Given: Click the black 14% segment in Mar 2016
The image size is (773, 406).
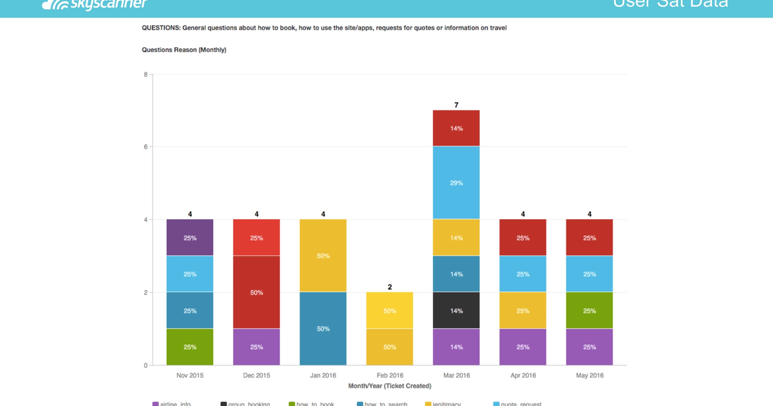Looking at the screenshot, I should (456, 311).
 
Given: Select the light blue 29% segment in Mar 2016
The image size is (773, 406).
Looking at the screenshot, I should (456, 183).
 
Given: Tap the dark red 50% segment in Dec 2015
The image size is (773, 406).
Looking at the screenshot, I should (256, 292).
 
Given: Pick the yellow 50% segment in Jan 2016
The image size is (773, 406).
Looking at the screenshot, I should (323, 256).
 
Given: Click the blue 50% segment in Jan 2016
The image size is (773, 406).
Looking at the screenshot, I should (323, 329).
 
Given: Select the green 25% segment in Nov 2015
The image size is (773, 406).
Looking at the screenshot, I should (190, 347).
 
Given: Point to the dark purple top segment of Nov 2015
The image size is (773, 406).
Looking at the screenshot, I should (190, 238).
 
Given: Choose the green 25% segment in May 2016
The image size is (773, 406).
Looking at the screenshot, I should (589, 311).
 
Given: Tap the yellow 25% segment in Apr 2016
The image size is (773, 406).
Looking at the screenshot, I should (522, 311).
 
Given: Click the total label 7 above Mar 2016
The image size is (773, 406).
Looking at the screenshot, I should (456, 104).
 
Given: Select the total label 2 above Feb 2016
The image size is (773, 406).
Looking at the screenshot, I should (390, 287).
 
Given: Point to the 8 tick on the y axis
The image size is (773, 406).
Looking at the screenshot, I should (146, 74).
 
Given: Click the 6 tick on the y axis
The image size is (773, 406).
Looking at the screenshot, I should (146, 147).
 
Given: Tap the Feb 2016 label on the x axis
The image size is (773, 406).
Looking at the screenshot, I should (389, 376).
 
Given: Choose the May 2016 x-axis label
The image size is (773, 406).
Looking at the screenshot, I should (589, 376).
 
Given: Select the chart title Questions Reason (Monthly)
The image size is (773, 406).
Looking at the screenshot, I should (184, 50).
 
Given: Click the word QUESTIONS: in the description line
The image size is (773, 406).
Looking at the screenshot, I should (161, 28).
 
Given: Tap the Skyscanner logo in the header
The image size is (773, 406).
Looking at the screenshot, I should (95, 5).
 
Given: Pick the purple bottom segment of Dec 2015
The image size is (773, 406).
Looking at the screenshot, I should (256, 347).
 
